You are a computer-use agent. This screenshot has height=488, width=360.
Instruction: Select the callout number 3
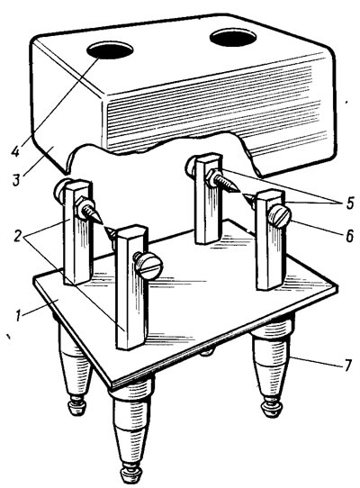click(17, 180)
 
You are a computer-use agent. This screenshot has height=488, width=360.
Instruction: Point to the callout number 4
click(16, 151)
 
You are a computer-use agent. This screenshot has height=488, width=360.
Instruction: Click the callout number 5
click(350, 203)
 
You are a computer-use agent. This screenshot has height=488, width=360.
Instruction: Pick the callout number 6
click(350, 236)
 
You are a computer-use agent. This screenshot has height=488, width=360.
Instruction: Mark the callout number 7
click(348, 365)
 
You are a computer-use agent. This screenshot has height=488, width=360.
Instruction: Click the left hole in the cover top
click(110, 50)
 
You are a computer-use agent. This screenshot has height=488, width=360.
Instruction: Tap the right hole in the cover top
click(233, 38)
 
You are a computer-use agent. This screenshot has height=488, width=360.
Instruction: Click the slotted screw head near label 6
click(279, 217)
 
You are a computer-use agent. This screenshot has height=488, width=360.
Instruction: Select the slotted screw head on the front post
click(149, 266)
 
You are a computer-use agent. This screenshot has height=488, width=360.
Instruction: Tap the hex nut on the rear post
click(211, 177)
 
